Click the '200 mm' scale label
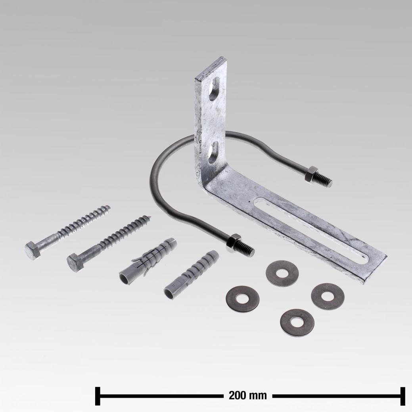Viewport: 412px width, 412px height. click(x=247, y=395)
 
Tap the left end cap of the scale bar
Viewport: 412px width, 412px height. click(x=98, y=395)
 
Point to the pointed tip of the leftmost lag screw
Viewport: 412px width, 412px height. click(x=109, y=207)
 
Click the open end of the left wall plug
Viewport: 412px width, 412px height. click(x=126, y=278)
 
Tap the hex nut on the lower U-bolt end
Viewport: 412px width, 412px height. click(x=233, y=243)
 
